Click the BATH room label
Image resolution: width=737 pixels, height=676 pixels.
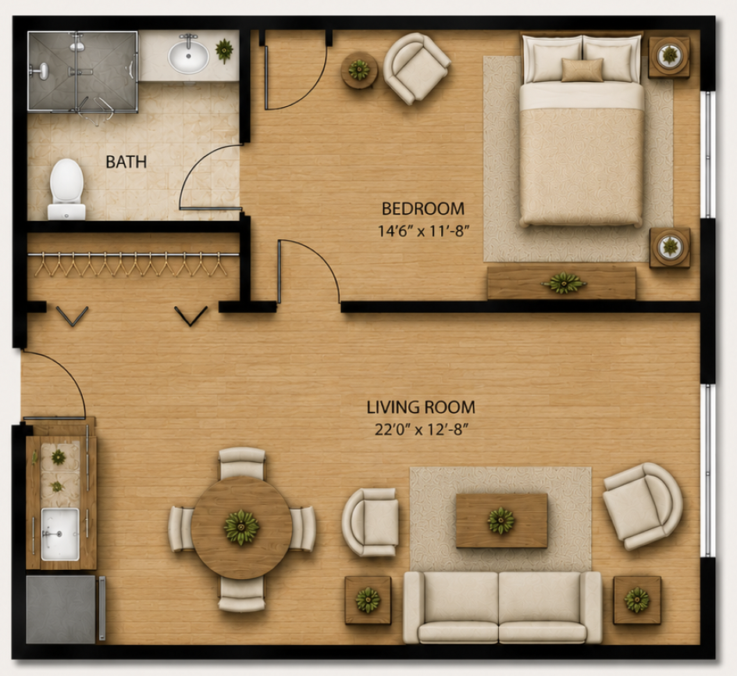(126, 162)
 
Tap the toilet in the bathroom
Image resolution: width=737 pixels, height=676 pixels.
(66, 189)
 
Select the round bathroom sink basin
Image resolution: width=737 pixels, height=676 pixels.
(188, 56)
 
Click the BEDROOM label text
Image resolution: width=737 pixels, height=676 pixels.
(423, 208)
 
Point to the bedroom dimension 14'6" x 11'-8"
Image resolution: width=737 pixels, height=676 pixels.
(424, 231)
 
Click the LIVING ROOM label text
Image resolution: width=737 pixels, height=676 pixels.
(421, 407)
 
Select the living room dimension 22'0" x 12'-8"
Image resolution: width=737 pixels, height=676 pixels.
(422, 429)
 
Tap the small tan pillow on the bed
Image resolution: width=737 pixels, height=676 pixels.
(582, 69)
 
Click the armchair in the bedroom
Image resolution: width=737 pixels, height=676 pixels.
(416, 68)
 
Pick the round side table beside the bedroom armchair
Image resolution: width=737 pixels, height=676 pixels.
(359, 70)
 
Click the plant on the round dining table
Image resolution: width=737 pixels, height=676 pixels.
(241, 527)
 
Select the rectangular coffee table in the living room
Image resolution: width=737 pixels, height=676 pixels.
(502, 521)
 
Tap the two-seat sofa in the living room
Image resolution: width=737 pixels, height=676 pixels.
(503, 607)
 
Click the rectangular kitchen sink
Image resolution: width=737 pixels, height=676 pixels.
(60, 534)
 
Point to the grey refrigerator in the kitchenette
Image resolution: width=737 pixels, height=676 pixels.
(61, 609)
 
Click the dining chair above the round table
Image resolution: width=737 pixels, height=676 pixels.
(242, 463)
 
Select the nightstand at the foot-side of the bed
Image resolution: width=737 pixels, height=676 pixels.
(670, 247)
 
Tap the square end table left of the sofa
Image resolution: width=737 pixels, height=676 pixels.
(368, 600)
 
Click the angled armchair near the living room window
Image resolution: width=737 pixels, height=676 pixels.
(642, 506)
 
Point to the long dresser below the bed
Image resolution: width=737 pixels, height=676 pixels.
(561, 283)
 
